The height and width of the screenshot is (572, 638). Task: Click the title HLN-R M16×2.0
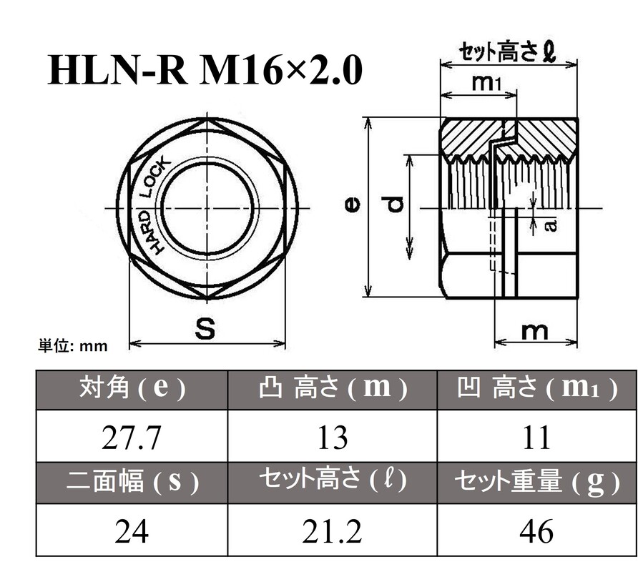pos(205,71)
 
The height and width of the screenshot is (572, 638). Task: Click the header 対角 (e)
pos(132,389)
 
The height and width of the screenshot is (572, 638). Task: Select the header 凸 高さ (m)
pos(333,389)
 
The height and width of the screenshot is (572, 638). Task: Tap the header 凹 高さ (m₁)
pos(536,389)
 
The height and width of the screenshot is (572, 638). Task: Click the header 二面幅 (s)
pos(132,483)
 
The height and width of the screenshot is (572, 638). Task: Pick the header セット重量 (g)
pos(536,483)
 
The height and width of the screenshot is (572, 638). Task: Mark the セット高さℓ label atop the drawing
pos(508,52)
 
